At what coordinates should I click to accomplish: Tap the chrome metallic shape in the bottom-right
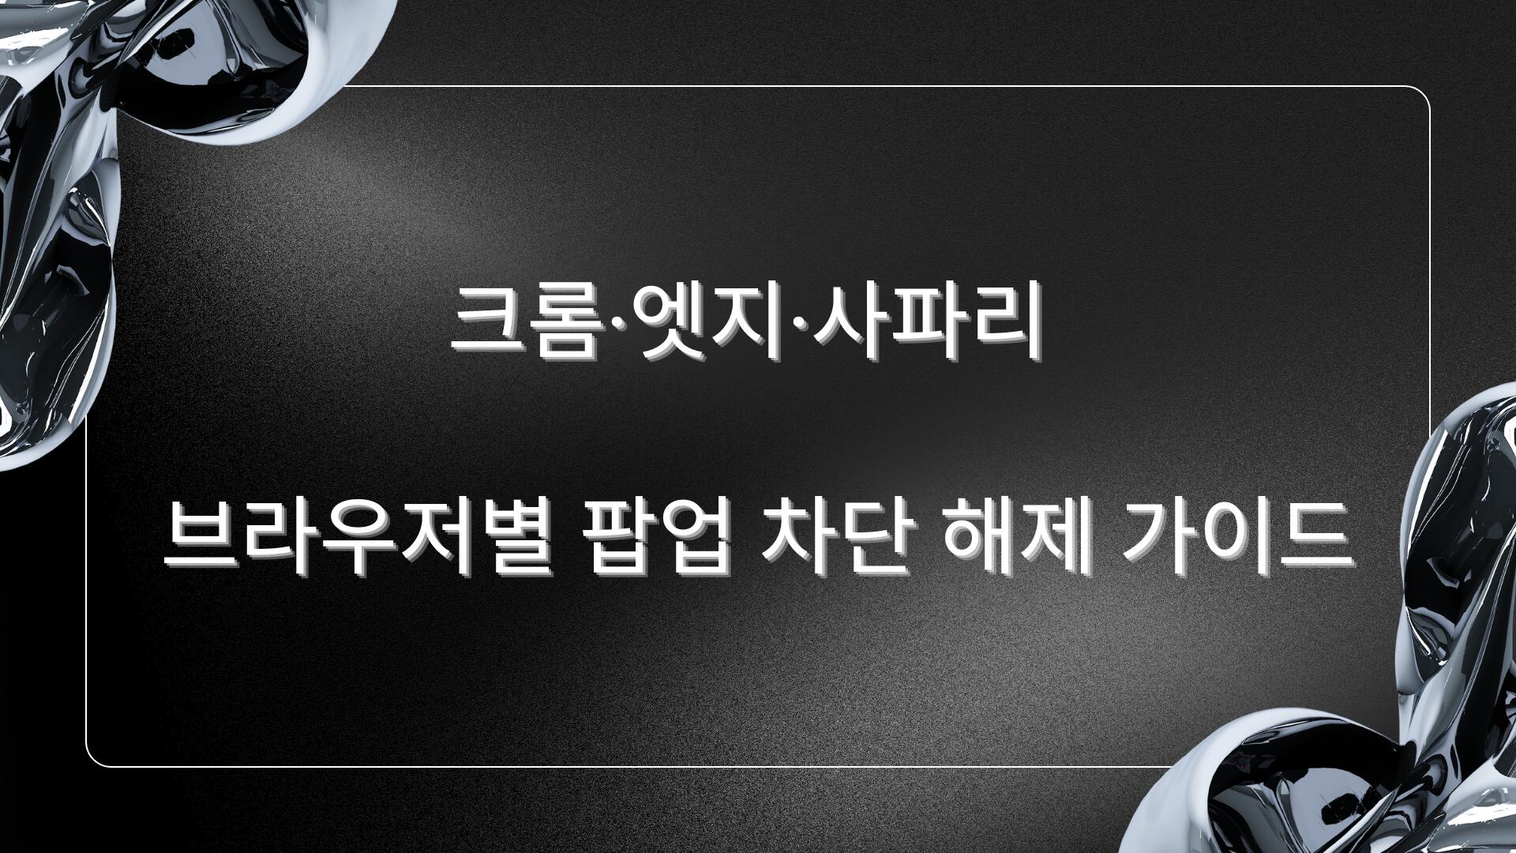[x=1390, y=711]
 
